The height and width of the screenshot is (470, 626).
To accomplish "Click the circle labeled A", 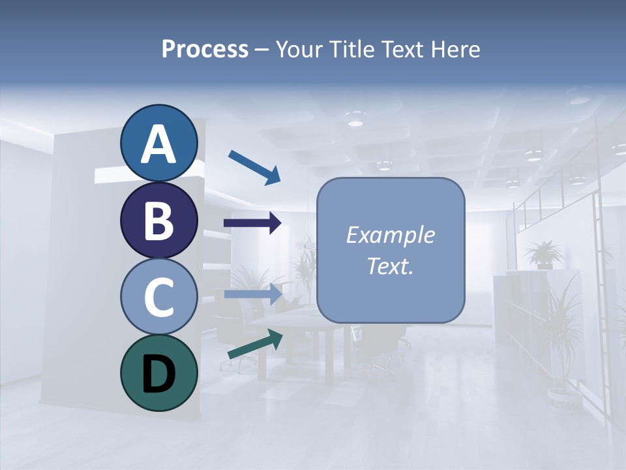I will tap(158, 143).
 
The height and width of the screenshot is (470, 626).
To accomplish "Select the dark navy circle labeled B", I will tap(158, 220).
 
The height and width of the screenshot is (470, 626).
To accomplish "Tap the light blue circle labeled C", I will tap(158, 296).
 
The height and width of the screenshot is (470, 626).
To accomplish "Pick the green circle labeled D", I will tap(158, 373).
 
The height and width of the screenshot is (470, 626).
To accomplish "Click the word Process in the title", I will tap(205, 50).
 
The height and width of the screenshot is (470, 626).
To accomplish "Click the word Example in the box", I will tap(390, 235).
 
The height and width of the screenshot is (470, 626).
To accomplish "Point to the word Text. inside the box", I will tap(390, 266).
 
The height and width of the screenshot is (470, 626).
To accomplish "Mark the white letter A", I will tap(158, 144).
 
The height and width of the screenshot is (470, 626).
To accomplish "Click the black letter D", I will tap(158, 374).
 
